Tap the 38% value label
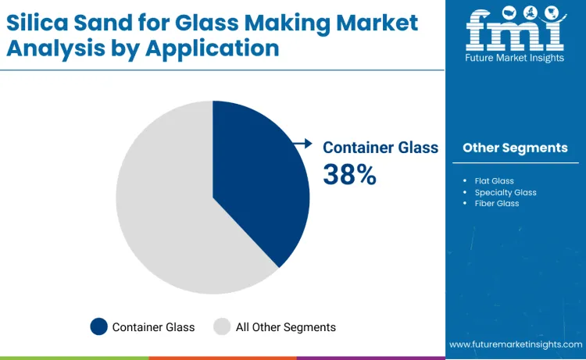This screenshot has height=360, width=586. click(x=349, y=175)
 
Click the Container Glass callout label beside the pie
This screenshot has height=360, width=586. click(x=381, y=147)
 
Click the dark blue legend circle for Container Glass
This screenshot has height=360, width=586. click(x=99, y=327)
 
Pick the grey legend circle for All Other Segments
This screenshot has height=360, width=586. click(x=223, y=327)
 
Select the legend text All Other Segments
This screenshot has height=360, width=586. click(x=286, y=327)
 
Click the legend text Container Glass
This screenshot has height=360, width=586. click(x=153, y=327)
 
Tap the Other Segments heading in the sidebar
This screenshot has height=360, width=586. click(x=515, y=148)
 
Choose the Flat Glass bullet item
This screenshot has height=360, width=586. click(x=494, y=181)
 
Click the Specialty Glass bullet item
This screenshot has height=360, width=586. click(x=506, y=192)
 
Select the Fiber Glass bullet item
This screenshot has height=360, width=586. click(x=497, y=203)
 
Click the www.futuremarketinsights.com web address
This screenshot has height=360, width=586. click(x=516, y=344)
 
